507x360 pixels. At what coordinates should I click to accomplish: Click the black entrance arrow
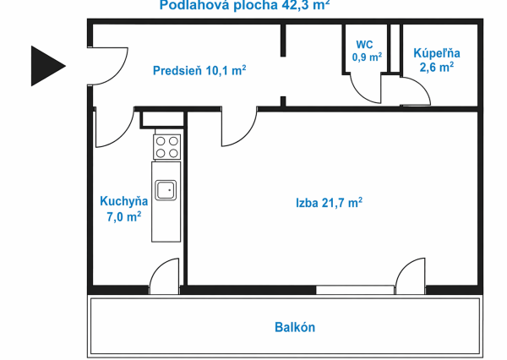point(47,64)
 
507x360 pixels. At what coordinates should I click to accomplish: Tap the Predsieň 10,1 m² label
point(199,71)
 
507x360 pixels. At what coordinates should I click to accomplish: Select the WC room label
point(365,45)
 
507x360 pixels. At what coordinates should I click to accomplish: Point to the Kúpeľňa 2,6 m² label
point(436,59)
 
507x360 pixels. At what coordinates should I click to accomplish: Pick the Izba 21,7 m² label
point(329,203)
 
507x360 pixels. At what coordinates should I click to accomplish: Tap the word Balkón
point(295,327)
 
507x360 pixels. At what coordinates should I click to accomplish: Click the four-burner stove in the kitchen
point(166,147)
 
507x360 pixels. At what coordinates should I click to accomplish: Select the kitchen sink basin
point(166,190)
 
